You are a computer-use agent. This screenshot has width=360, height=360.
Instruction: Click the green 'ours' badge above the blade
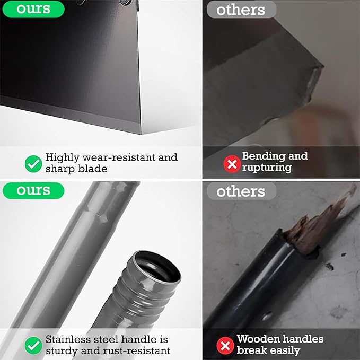tap(33, 9)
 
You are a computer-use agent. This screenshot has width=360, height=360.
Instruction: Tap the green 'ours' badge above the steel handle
tap(33, 190)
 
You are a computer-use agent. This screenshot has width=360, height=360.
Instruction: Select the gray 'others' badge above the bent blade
tap(241, 10)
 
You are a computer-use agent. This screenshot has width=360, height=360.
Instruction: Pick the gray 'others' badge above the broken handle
tap(241, 191)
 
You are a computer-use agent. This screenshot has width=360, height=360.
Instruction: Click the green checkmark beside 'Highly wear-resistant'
tap(33, 164)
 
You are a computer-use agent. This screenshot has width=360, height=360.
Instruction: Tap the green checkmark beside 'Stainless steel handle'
tap(33, 346)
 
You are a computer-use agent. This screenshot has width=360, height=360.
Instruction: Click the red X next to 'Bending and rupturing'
tap(232, 164)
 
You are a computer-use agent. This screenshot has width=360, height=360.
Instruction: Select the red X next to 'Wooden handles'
tap(225, 346)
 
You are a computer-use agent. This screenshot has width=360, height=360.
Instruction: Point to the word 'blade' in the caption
tap(93, 169)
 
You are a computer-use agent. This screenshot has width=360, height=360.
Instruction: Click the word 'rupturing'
tap(267, 168)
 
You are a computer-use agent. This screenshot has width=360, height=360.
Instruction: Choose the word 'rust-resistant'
tap(137, 351)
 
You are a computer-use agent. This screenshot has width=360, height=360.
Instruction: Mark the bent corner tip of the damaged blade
tap(323, 67)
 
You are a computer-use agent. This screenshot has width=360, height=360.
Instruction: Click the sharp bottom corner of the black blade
tap(141, 134)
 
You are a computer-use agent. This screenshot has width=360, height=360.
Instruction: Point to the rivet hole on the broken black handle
tap(267, 317)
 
